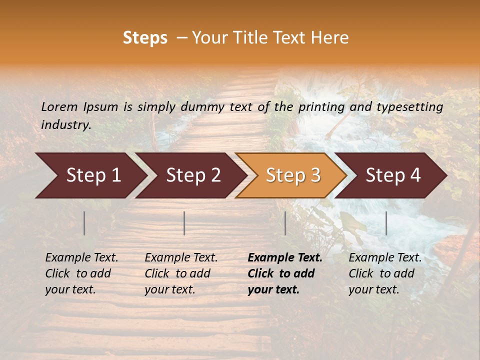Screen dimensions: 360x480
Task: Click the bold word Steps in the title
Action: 145,38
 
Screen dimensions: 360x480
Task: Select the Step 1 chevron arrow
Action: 90,175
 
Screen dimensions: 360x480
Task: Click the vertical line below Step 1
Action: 84,223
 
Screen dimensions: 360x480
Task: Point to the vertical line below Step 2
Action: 184,223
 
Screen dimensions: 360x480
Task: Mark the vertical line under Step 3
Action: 285,223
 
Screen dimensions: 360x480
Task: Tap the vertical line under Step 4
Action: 386,223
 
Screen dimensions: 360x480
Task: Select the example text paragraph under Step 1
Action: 81,273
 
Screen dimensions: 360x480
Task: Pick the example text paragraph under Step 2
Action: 181,273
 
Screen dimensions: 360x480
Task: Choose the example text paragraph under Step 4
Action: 385,273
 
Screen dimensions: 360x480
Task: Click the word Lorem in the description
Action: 59,106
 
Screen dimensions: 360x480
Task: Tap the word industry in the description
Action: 66,124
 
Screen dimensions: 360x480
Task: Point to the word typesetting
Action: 409,106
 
